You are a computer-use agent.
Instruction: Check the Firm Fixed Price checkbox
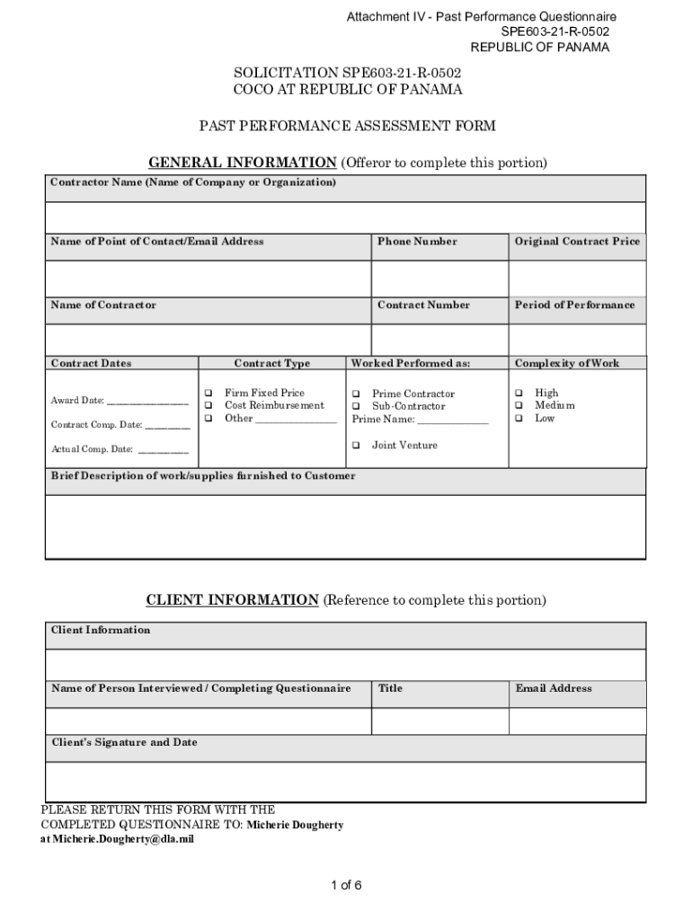(208, 393)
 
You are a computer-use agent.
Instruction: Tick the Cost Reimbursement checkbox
(208, 405)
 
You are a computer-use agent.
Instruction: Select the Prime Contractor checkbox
(356, 394)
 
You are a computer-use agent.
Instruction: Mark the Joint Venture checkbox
(356, 445)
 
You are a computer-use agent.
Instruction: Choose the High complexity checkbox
(519, 393)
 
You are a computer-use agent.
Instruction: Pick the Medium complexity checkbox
(519, 405)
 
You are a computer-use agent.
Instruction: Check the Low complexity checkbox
(519, 418)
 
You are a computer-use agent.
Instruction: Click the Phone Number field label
(417, 242)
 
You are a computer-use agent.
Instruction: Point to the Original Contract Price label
(577, 242)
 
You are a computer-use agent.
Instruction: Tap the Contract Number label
(423, 305)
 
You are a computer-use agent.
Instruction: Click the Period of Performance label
(574, 305)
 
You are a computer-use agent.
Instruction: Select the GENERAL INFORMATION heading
(242, 163)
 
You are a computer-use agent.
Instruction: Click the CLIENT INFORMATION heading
(232, 599)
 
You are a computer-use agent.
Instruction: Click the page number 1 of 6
(346, 886)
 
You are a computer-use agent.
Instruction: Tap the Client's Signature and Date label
(124, 743)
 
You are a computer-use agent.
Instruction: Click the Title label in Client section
(390, 688)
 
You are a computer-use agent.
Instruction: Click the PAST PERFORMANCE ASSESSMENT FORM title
(347, 126)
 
